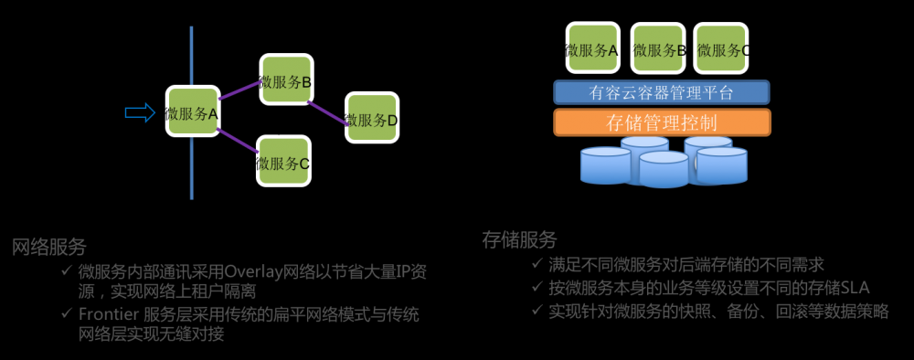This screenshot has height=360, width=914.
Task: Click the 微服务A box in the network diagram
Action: pyautogui.click(x=192, y=112)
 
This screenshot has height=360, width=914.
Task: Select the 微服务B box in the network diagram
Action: pyautogui.click(x=283, y=80)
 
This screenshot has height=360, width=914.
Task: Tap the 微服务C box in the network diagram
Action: pyautogui.click(x=282, y=162)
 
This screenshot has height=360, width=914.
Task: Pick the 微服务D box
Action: pyautogui.click(x=371, y=117)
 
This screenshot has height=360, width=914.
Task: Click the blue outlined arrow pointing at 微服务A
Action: pyautogui.click(x=140, y=111)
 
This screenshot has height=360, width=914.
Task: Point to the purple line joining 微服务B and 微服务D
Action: pyautogui.click(x=327, y=107)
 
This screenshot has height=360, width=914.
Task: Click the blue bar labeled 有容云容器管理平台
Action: pyautogui.click(x=662, y=92)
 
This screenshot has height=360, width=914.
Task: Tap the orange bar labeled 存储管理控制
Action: pyautogui.click(x=662, y=122)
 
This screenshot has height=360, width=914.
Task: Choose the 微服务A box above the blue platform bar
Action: pyautogui.click(x=590, y=48)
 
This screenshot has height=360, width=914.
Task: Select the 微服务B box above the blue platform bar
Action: pyautogui.click(x=656, y=48)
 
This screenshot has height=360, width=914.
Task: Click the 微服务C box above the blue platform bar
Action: pyautogui.click(x=720, y=48)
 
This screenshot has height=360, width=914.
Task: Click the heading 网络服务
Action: pyautogui.click(x=49, y=247)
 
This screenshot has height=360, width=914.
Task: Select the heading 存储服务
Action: pyautogui.click(x=519, y=240)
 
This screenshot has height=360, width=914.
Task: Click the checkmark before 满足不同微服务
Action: pyautogui.click(x=537, y=265)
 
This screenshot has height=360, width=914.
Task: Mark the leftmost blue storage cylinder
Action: pyautogui.click(x=606, y=165)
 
